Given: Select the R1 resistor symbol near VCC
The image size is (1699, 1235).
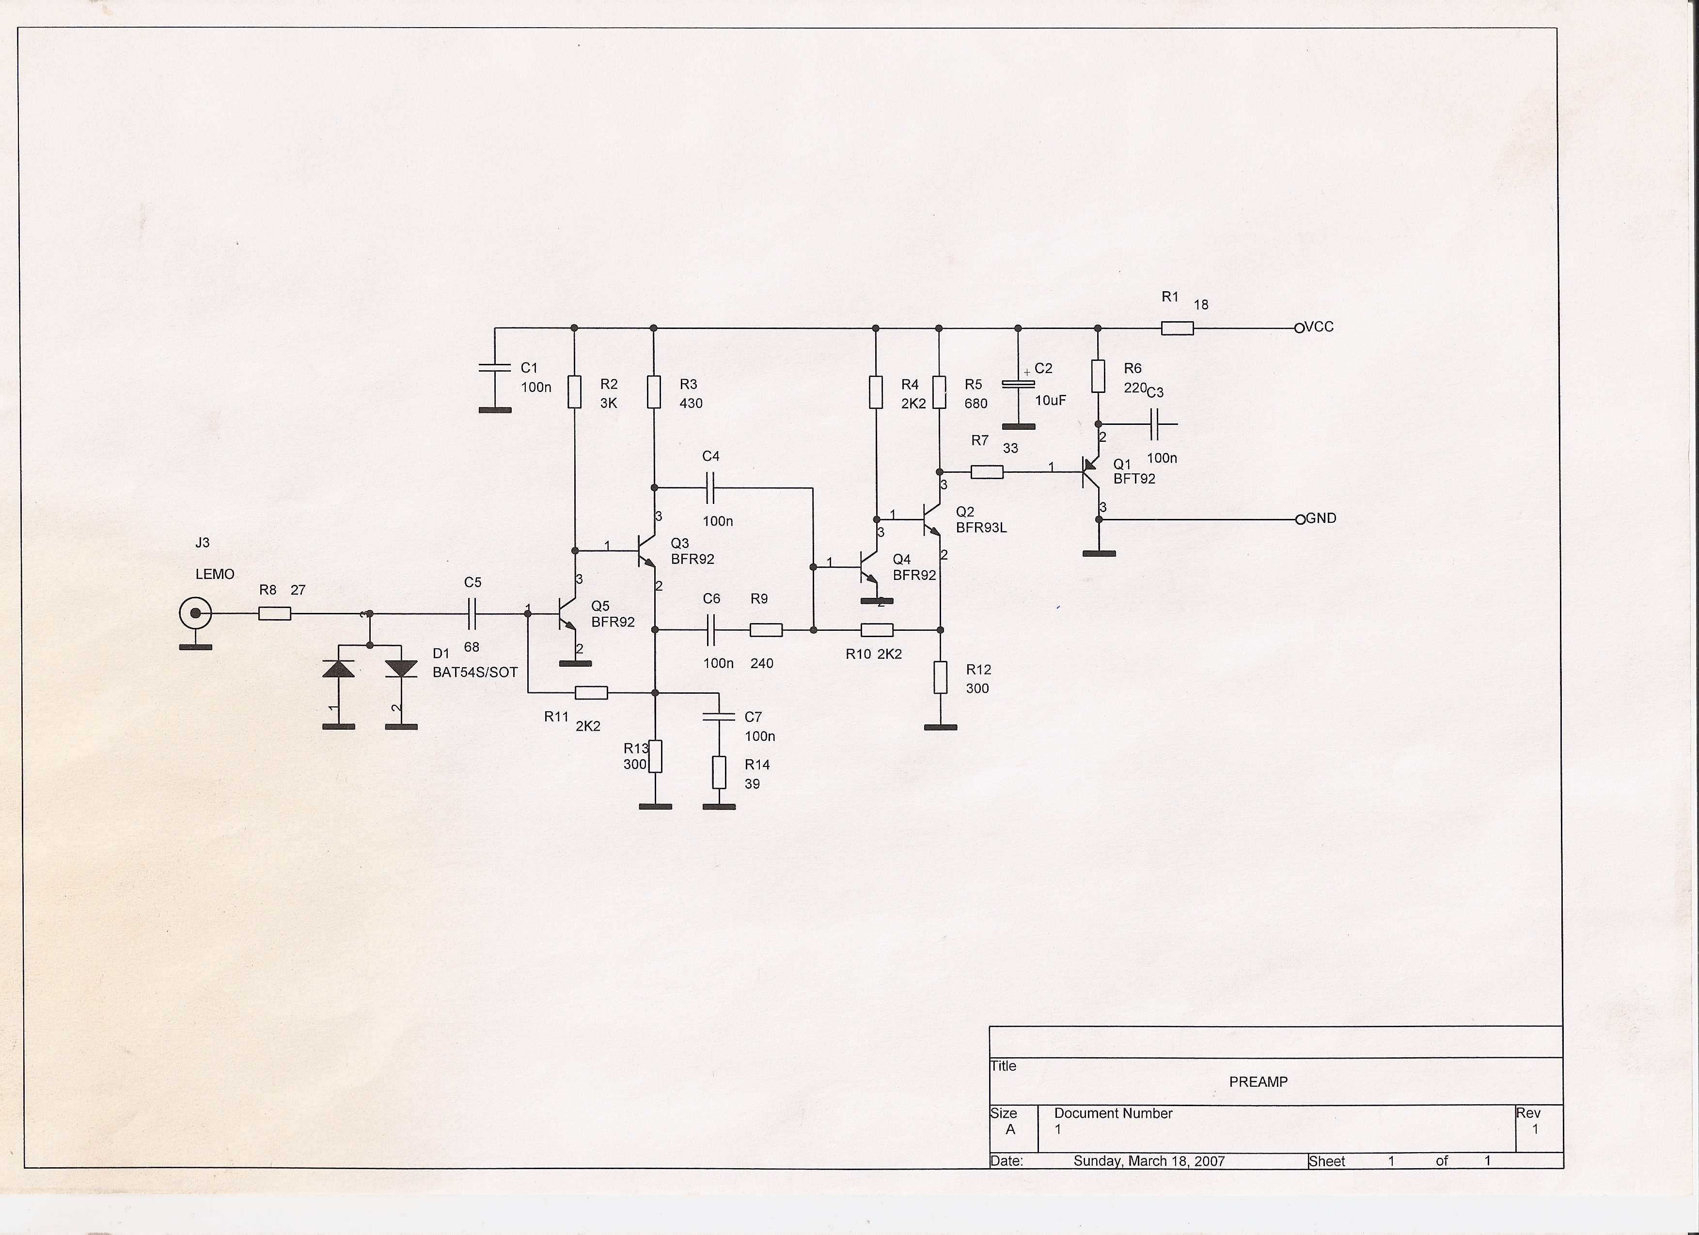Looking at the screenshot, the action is (x=1177, y=328).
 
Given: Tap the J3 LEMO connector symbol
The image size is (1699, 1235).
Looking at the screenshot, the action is (x=195, y=615).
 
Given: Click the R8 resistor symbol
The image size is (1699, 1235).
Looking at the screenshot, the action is (x=275, y=613).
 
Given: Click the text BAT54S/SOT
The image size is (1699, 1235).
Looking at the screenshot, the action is (x=475, y=672).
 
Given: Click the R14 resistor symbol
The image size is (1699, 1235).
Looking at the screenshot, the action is (x=719, y=772).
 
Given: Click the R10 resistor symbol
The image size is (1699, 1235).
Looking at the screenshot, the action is (x=877, y=630).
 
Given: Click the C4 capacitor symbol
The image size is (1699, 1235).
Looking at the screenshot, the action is (x=710, y=487).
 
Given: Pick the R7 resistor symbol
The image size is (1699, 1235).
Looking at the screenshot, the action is (x=987, y=472).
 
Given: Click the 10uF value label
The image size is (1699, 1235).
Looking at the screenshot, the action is (x=1050, y=401).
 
